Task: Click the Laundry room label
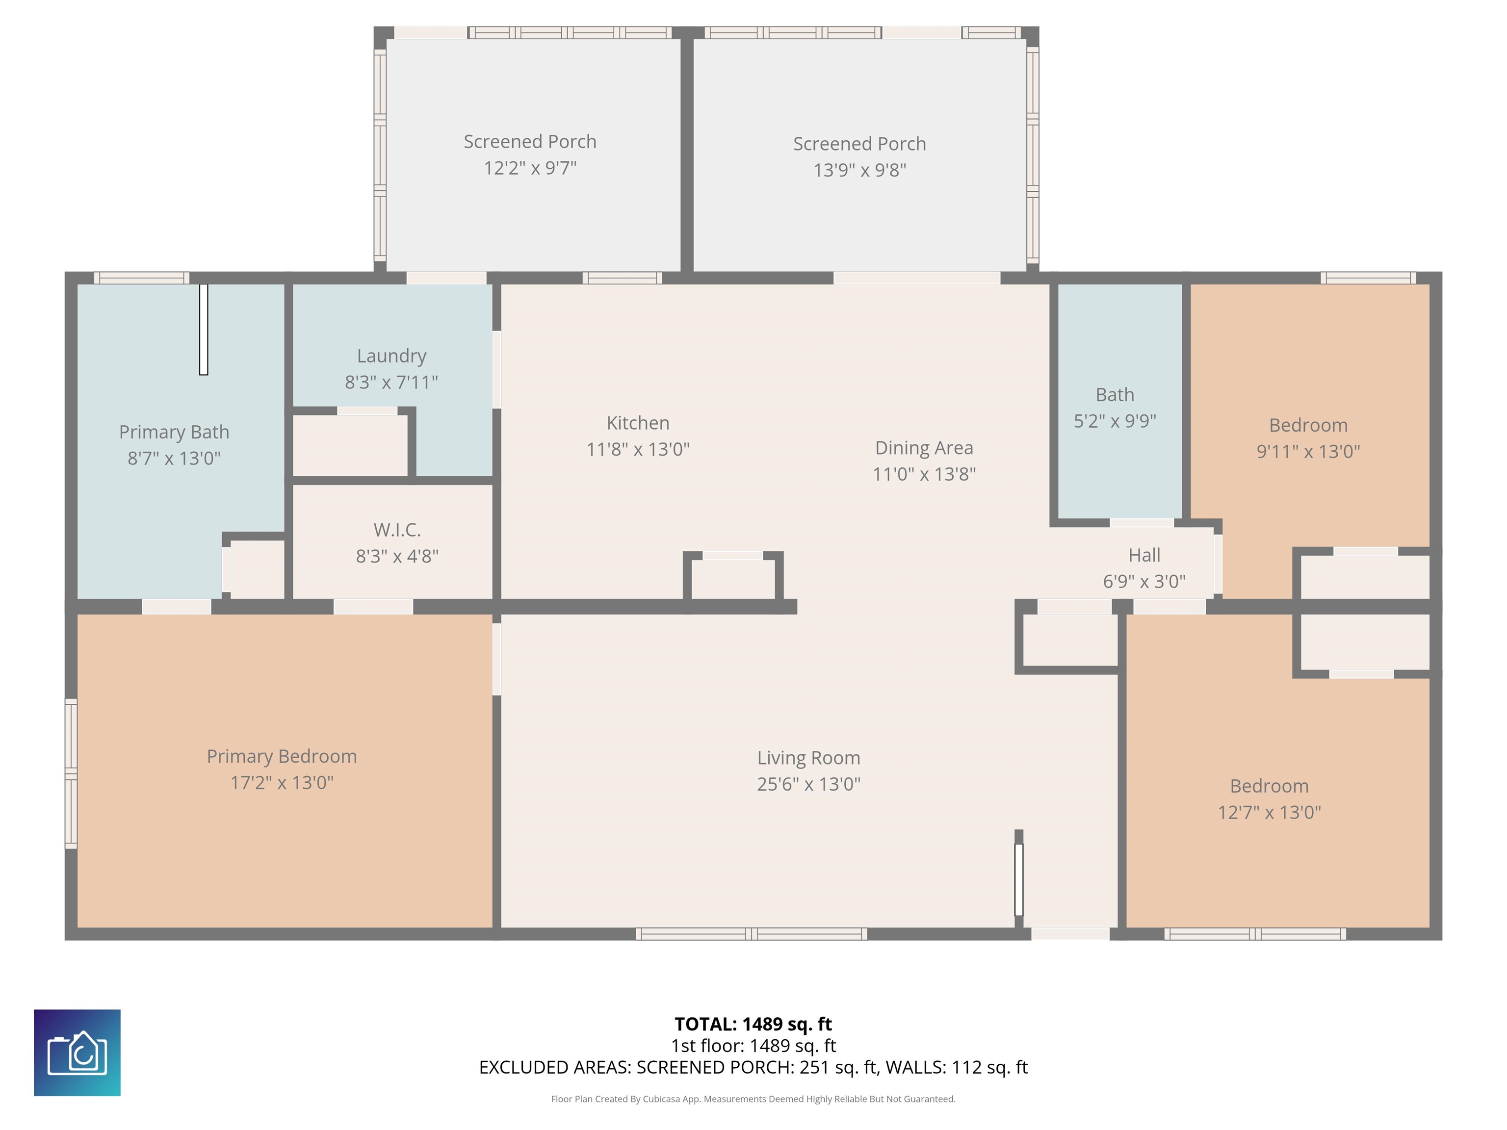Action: [x=392, y=356]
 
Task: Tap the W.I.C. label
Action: [x=397, y=530]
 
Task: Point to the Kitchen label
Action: [x=638, y=423]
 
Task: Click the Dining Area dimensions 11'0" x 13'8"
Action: [x=925, y=474]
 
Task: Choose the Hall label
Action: [x=1144, y=555]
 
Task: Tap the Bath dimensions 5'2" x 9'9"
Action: [x=1115, y=421]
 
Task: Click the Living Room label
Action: [x=808, y=758]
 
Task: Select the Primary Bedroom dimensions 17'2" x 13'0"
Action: [x=282, y=783]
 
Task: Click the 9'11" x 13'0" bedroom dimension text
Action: [x=1308, y=452]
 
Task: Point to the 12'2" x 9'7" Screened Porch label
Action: [x=530, y=142]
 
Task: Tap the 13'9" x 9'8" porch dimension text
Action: [x=860, y=170]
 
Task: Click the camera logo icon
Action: [x=77, y=1053]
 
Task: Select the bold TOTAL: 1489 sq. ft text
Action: [x=753, y=1024]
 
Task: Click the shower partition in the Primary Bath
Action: [x=203, y=329]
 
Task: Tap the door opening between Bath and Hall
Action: [x=1142, y=523]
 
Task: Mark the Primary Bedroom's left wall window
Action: [x=71, y=773]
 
